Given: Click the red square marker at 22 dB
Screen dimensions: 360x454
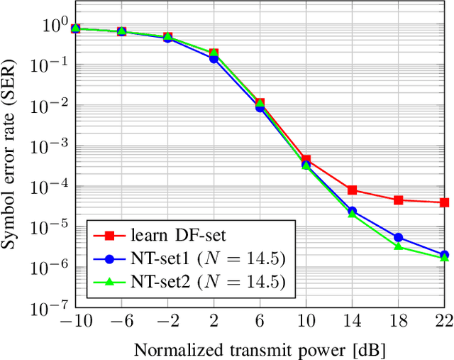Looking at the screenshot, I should pos(444,202).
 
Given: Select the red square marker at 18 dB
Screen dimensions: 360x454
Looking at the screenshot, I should pos(399,200).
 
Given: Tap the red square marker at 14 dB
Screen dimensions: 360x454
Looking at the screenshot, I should pos(353,190).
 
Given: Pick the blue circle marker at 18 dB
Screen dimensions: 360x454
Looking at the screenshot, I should pos(399,238).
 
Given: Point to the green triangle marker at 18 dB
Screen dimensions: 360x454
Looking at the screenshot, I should pos(399,246).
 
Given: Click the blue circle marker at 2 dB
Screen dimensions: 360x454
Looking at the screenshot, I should pos(214,59).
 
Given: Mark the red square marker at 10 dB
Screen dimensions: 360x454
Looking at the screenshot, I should pos(306,160).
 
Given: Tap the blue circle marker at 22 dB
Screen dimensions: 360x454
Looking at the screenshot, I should pos(444,255).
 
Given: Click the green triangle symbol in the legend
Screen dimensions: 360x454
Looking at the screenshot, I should pos(109,282).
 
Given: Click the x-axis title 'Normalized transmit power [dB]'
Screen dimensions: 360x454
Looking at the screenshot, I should pos(260,349).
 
